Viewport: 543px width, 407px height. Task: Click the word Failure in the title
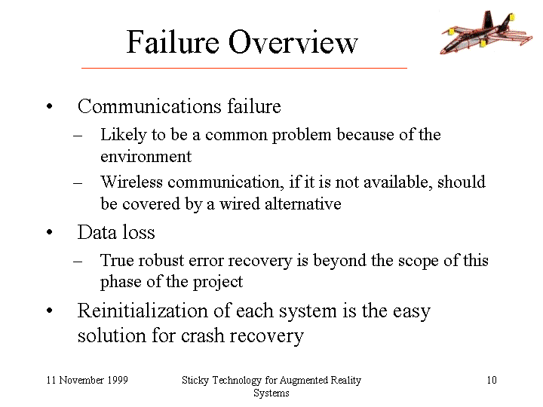point(173,42)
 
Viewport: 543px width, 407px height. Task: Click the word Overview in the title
point(293,42)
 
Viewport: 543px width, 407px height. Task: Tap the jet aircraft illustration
point(486,32)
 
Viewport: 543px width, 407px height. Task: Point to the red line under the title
point(244,68)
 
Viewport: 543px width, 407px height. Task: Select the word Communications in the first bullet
point(149,106)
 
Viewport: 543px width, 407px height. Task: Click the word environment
point(146,157)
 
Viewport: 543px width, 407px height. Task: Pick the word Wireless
point(131,182)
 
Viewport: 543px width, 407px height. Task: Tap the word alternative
point(303,203)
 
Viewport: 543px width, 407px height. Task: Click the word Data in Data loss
point(97,232)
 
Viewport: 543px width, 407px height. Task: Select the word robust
point(161,260)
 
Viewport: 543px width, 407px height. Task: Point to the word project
point(218,282)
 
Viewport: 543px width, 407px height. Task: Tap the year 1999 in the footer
point(118,380)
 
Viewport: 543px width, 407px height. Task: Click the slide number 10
point(492,380)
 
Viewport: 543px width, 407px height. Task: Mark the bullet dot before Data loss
point(49,232)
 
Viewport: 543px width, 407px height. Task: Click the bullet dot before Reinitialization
point(49,311)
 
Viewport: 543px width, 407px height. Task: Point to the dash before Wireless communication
point(78,182)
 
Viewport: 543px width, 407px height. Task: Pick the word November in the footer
point(81,380)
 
